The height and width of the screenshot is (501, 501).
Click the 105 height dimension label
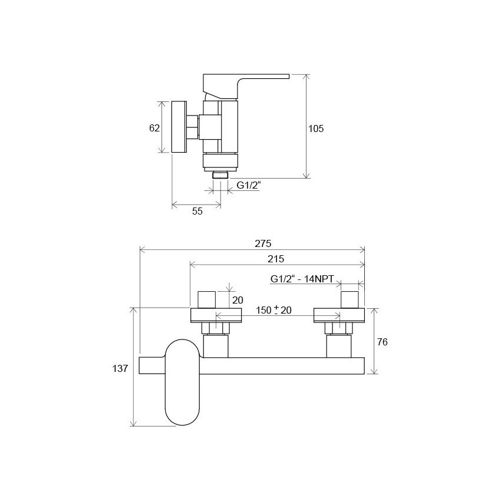pyautogui.click(x=316, y=128)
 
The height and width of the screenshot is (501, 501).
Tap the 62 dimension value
pyautogui.click(x=154, y=128)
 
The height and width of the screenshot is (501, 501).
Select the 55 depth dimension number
pyautogui.click(x=197, y=211)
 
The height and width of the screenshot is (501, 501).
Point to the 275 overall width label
pyautogui.click(x=263, y=243)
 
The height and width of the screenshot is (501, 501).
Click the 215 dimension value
pyautogui.click(x=276, y=259)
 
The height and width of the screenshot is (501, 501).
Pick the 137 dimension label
pyautogui.click(x=120, y=368)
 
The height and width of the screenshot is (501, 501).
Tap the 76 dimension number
pyautogui.click(x=382, y=342)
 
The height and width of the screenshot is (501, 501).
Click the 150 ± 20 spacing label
pyautogui.click(x=273, y=310)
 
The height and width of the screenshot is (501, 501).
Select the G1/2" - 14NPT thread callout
pyautogui.click(x=302, y=279)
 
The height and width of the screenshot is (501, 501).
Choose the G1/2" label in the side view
pyautogui.click(x=249, y=185)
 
